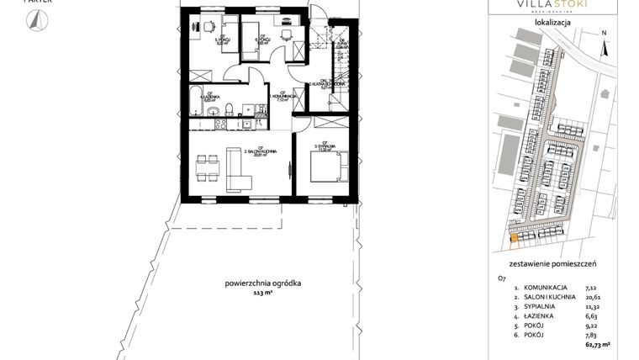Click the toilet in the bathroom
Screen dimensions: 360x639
[x=216, y=111]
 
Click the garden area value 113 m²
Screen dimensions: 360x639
[x=266, y=294]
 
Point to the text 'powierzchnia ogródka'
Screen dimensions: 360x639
[x=266, y=283]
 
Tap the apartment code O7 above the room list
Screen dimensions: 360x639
[x=502, y=276]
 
